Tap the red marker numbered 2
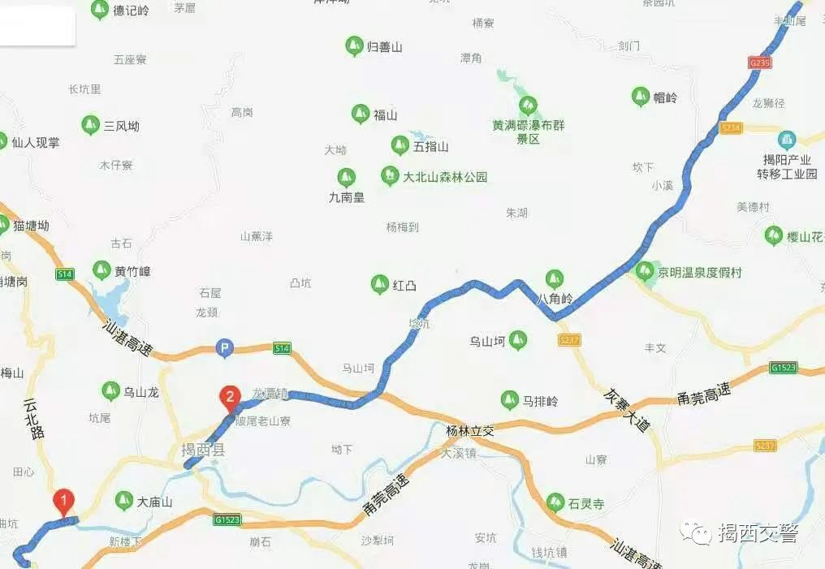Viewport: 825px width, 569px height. click(x=231, y=397)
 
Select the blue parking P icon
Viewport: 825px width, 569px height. click(x=224, y=348)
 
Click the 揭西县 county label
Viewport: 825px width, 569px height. click(x=202, y=450)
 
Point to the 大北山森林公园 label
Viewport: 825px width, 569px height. click(x=445, y=176)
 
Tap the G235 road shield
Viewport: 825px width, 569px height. click(x=760, y=62)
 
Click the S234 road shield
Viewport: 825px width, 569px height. click(x=731, y=128)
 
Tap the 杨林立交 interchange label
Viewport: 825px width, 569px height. click(x=470, y=430)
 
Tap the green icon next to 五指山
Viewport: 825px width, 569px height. click(x=400, y=145)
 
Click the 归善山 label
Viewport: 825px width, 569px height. click(x=385, y=47)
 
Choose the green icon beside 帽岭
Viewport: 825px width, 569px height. click(x=641, y=97)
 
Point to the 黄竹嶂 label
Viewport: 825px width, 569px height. click(x=132, y=271)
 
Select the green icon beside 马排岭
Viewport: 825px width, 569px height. click(x=509, y=399)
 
